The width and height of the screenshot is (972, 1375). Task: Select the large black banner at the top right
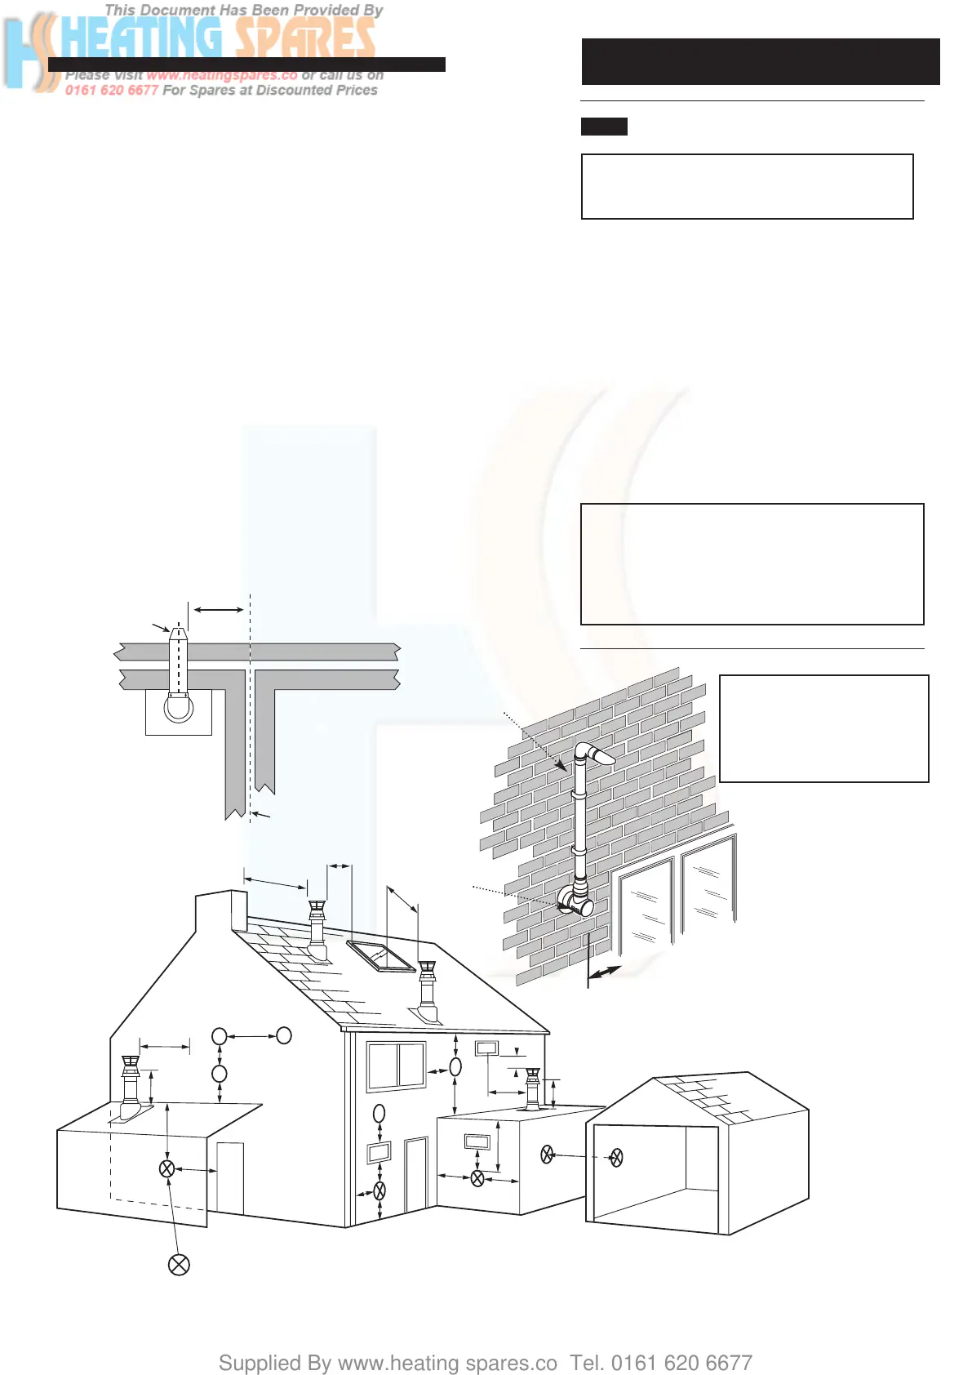coord(760,61)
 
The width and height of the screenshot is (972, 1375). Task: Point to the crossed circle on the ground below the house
coord(179,1265)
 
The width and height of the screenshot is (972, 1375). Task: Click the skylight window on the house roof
coord(381,956)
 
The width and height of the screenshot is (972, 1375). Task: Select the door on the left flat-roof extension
coord(230,1177)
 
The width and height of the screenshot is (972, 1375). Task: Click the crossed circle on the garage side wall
coord(617,1157)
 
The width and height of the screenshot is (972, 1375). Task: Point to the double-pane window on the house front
coord(397,1066)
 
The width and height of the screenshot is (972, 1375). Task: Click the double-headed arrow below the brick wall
coord(605,972)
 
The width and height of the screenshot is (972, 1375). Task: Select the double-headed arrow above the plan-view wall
coord(219,609)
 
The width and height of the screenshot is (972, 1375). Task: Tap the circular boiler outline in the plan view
coord(178,707)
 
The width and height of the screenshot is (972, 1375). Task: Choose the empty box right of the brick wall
coord(823,728)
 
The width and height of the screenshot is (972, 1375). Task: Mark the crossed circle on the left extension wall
coord(166,1168)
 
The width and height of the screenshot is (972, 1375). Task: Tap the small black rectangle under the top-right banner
coord(604,127)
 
